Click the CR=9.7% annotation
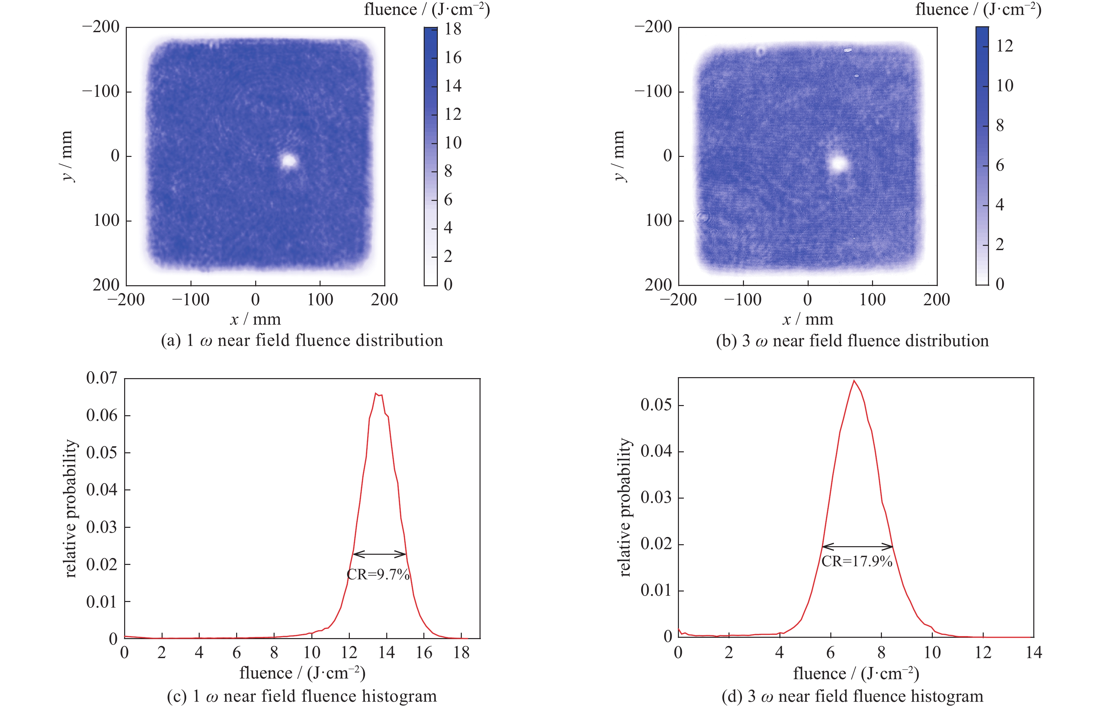[378, 574]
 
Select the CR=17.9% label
[857, 561]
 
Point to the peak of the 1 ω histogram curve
[376, 394]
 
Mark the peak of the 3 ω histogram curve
[854, 381]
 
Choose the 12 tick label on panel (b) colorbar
[1005, 46]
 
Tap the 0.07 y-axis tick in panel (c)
[101, 378]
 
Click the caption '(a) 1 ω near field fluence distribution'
[302, 341]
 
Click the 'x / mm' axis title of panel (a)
[255, 319]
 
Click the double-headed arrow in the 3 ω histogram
[857, 547]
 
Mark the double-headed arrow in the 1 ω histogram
[379, 553]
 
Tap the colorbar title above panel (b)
[978, 10]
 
